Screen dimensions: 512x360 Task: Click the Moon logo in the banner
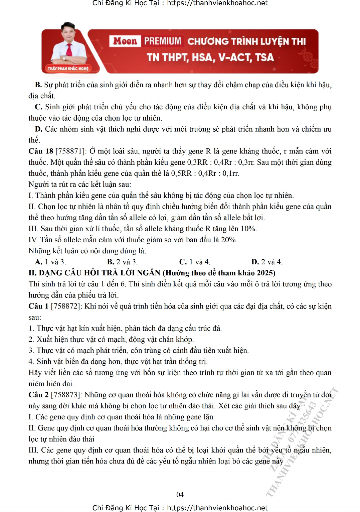(x=125, y=41)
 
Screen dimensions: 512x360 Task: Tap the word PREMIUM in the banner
(x=163, y=41)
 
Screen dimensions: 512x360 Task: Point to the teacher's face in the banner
(x=68, y=33)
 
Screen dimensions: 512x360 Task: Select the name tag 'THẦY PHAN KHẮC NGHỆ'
(x=68, y=69)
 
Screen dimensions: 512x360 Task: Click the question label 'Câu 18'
(x=41, y=151)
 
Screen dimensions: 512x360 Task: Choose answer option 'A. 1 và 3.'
(x=50, y=262)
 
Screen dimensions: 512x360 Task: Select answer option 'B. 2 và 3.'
(x=122, y=262)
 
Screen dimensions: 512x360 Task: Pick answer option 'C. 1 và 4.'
(x=195, y=262)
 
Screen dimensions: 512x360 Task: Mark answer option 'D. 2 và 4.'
(x=267, y=262)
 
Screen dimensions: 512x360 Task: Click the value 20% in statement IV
(x=228, y=240)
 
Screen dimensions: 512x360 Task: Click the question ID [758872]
(x=66, y=306)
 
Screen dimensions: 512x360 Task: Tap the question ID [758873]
(x=66, y=395)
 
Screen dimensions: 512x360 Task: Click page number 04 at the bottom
(x=180, y=494)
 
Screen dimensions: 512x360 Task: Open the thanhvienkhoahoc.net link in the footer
(x=217, y=508)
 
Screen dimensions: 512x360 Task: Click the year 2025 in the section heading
(x=265, y=273)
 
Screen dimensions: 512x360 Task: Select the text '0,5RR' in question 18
(x=183, y=173)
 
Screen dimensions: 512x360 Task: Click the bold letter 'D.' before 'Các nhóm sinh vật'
(x=38, y=129)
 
